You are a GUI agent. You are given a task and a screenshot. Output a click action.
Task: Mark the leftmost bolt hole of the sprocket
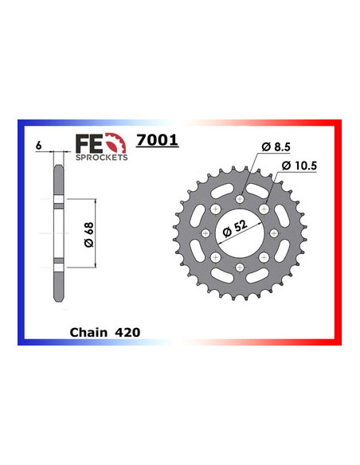[x=205, y=233]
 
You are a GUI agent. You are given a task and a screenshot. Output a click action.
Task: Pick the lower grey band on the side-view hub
[x=57, y=263]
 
